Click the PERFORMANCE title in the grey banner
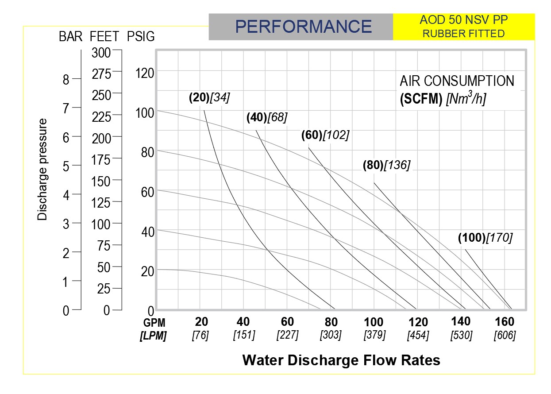tap(304, 27)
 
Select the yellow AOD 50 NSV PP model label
tap(464, 27)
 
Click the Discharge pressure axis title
tap(42, 169)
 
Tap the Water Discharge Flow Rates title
tap(341, 360)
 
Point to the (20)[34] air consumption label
tap(209, 98)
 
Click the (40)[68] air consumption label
tap(267, 118)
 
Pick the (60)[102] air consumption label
tap(325, 135)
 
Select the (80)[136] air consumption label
tap(386, 166)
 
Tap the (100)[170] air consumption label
tap(485, 238)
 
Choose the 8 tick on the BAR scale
tap(66, 80)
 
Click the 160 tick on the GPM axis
tap(505, 322)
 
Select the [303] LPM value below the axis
tap(331, 335)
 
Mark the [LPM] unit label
tap(153, 336)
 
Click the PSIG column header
tap(141, 36)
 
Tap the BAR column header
tap(71, 36)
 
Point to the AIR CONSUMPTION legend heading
tap(457, 81)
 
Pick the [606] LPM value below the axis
tap(505, 335)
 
